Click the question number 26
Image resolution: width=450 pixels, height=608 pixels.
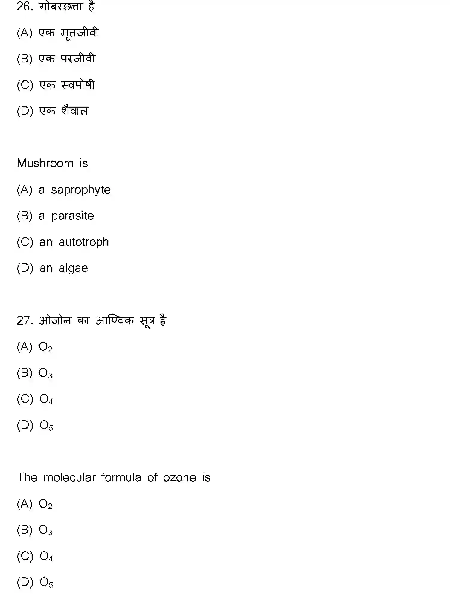pos(24,7)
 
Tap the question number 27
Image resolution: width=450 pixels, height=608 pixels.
pos(24,321)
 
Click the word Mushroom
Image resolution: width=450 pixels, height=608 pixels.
pos(45,164)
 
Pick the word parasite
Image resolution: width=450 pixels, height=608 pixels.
pos(72,216)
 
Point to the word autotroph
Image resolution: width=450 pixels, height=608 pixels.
pos(84,242)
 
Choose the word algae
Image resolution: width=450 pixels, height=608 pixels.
pos(73,268)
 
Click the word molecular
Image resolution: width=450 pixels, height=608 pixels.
pos(70,478)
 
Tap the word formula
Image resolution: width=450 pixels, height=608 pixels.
pos(121,478)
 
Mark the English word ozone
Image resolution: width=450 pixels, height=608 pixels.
pos(179,478)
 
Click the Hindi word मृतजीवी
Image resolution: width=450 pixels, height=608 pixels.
pos(80,33)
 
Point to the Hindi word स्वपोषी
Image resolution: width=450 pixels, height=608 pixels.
pos(78,85)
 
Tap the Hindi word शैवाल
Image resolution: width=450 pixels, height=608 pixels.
pos(75,111)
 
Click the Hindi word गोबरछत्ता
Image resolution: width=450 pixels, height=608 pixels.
pos(61,7)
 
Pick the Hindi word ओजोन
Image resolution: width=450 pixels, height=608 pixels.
pos(55,321)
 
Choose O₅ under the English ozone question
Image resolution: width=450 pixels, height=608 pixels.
pos(46,583)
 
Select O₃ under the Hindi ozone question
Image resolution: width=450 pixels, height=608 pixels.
pos(45,373)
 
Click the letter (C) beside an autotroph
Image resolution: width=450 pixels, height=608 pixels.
pos(25,242)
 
